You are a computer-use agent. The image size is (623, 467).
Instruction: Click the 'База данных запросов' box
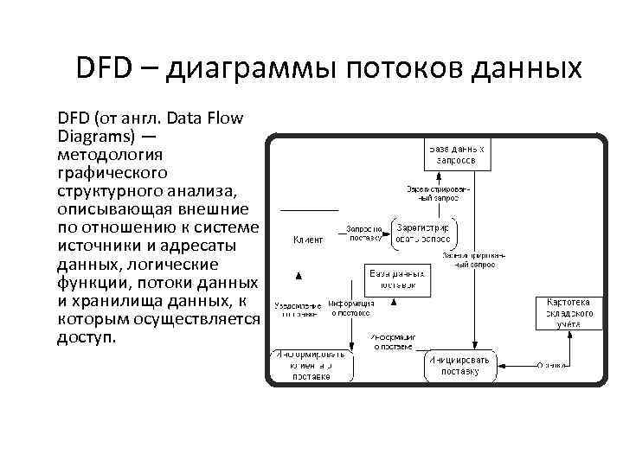[x=457, y=155]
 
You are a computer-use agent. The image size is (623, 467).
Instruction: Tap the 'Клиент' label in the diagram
[x=308, y=239]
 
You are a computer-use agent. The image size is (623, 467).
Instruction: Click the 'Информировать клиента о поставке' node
[x=309, y=366]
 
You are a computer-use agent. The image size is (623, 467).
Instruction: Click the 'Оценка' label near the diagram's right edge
[x=553, y=364]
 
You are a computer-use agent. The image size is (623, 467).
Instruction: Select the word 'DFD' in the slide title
[x=104, y=67]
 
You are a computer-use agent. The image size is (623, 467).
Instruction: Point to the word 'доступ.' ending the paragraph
[x=85, y=336]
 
